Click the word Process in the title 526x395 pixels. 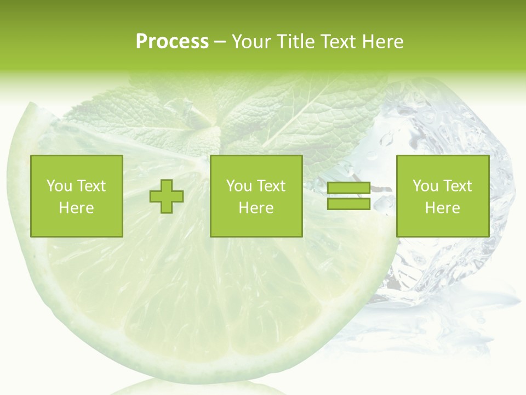coord(172,42)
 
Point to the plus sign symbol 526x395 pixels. coord(167,196)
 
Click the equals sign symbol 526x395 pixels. coord(348,196)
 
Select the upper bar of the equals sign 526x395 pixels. coord(348,189)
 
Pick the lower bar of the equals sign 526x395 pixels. coord(348,204)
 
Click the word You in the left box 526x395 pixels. coord(59,186)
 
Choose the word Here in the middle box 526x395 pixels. coord(256,208)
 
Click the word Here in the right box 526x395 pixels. coord(443,208)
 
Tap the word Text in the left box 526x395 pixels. coord(91,186)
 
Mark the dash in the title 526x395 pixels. coord(220,42)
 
